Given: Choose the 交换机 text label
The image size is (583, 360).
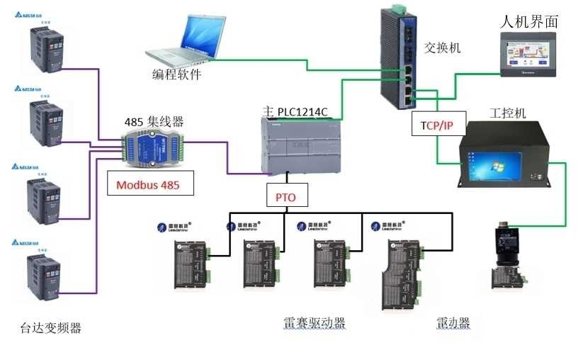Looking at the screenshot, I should pos(443,48).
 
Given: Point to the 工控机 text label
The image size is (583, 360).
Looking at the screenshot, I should pos(507,113).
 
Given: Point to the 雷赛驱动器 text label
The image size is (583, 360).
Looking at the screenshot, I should pos(315,323).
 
